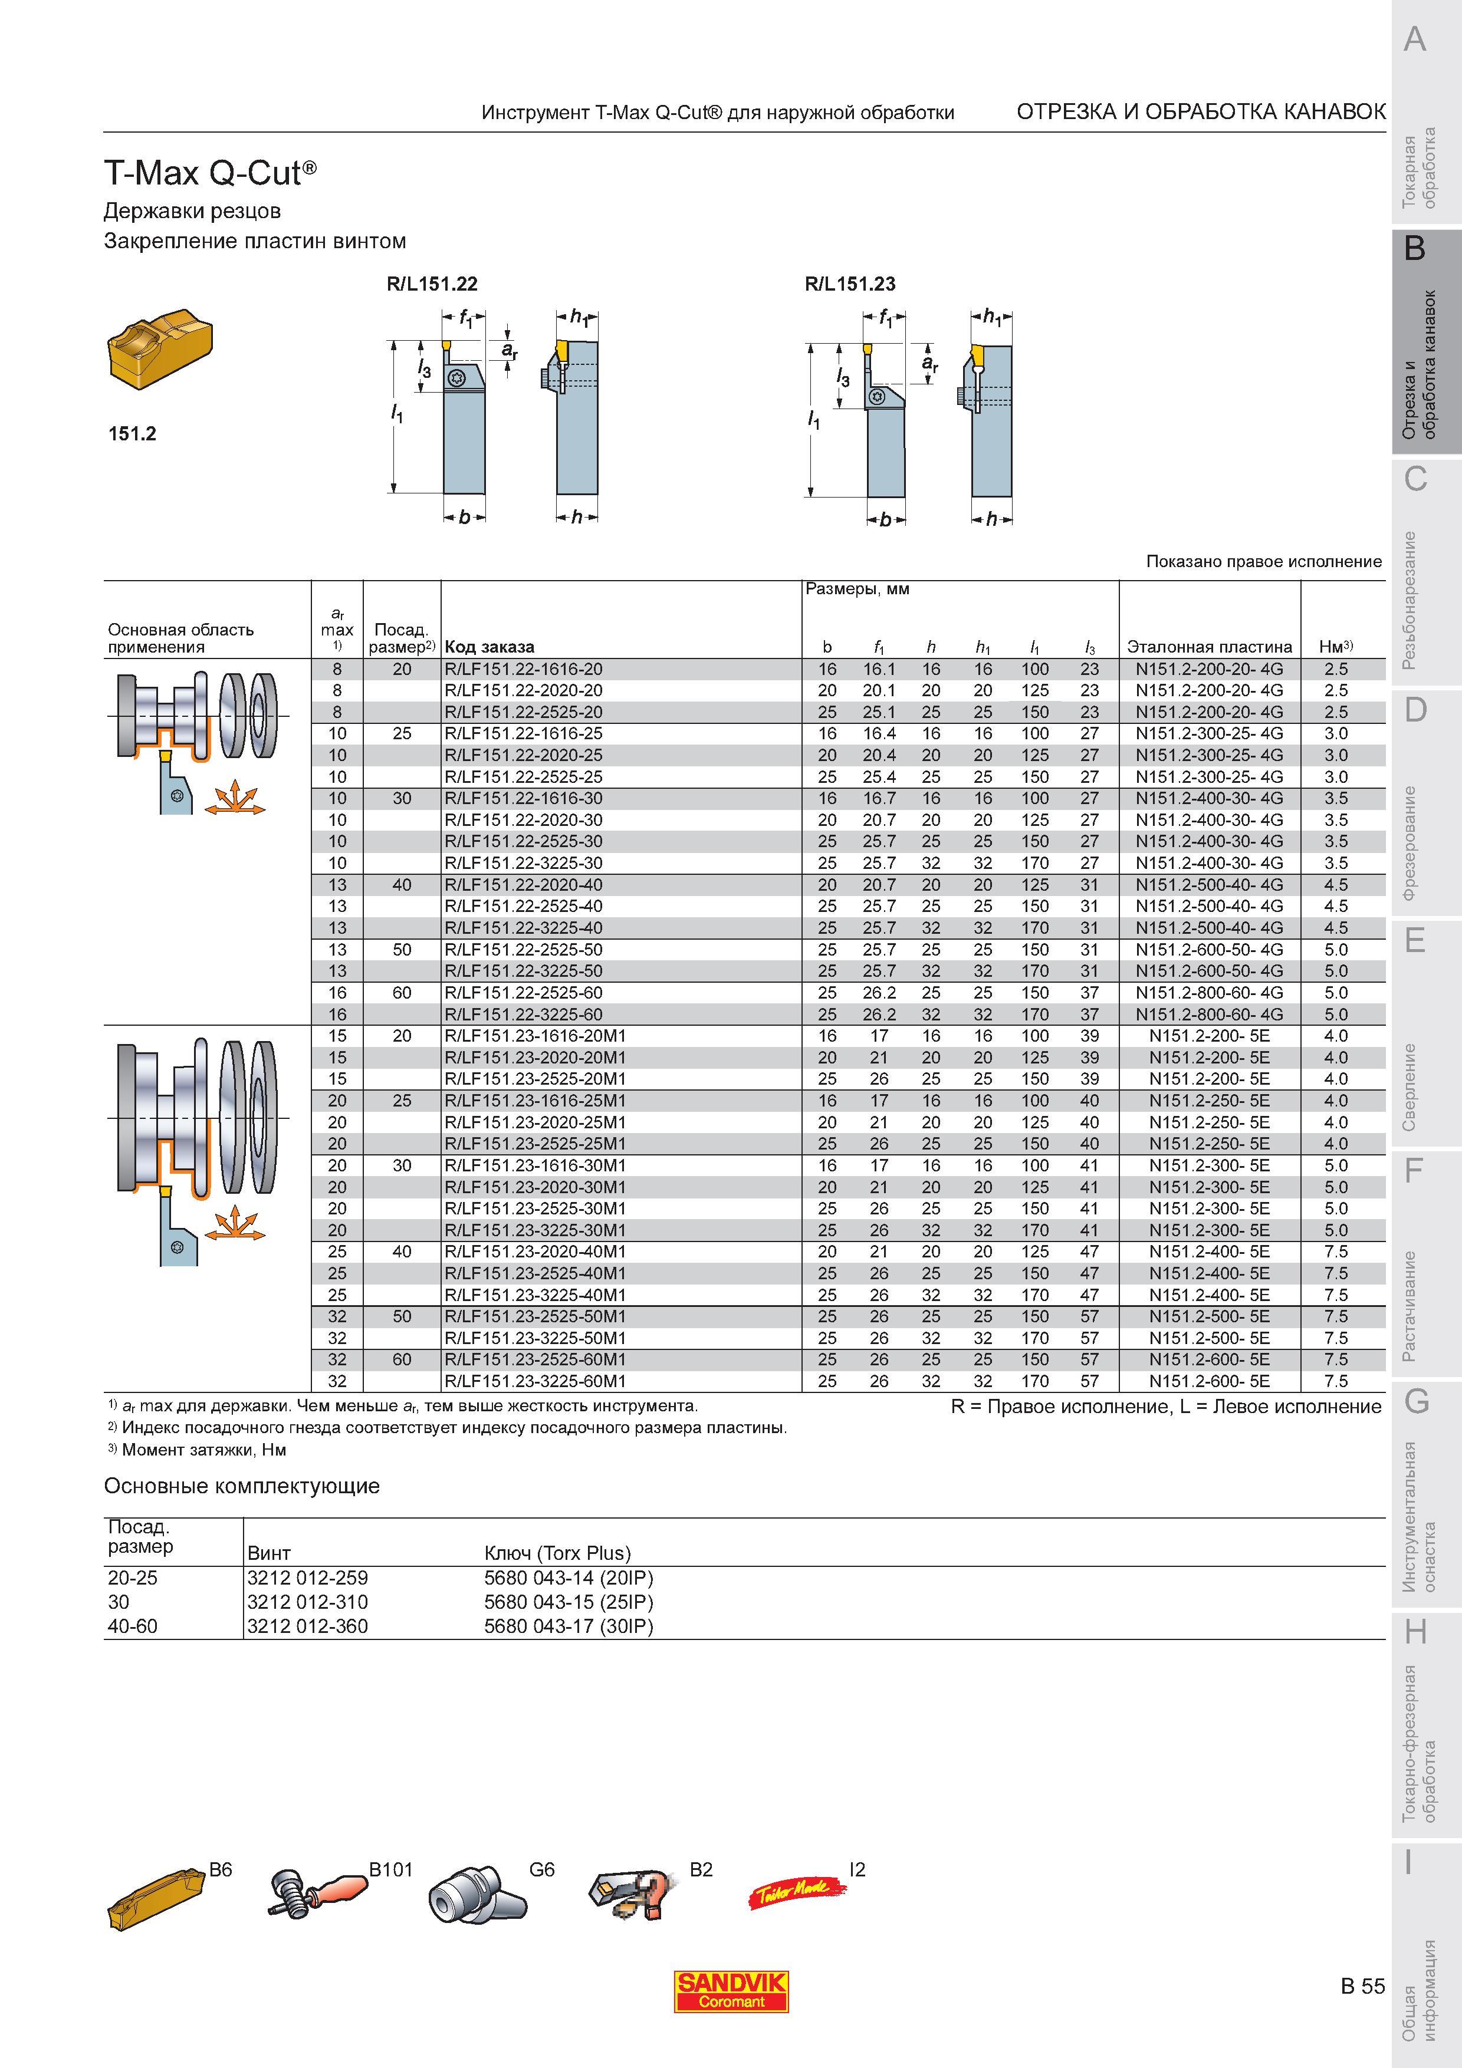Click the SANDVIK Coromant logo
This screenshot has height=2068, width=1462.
click(x=731, y=1993)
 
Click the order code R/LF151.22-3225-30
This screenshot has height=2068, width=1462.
click(x=523, y=863)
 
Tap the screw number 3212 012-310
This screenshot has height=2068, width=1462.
click(x=307, y=1602)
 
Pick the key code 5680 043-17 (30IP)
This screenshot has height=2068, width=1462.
click(x=569, y=1626)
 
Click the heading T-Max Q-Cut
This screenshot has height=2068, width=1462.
click(x=211, y=172)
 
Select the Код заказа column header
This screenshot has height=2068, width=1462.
click(x=489, y=647)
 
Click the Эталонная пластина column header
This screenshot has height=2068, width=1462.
click(x=1209, y=647)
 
